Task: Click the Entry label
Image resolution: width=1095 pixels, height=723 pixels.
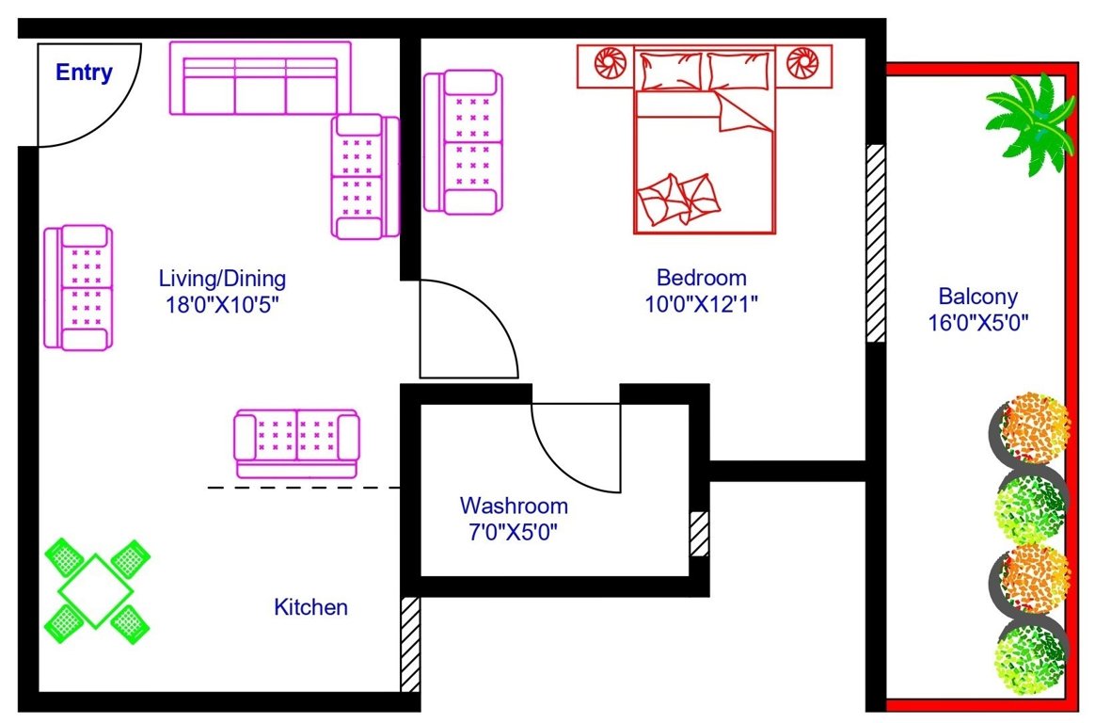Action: click(84, 72)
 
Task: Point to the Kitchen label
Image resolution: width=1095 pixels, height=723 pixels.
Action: click(310, 607)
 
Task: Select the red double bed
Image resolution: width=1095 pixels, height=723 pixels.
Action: click(706, 151)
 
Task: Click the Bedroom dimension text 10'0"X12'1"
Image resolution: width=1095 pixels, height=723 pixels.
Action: click(702, 303)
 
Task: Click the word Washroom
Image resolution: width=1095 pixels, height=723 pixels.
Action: click(514, 506)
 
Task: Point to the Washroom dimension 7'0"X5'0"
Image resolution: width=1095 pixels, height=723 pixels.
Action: click(514, 531)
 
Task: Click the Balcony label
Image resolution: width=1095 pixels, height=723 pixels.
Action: click(978, 297)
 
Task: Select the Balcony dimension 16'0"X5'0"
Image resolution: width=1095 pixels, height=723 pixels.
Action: click(978, 323)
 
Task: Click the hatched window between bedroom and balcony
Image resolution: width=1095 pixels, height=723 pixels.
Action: click(876, 243)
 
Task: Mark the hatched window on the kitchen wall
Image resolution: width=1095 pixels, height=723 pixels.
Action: click(410, 644)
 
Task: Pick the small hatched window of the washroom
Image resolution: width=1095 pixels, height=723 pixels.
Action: click(699, 534)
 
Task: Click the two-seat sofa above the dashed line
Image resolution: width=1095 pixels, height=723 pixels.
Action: click(296, 443)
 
